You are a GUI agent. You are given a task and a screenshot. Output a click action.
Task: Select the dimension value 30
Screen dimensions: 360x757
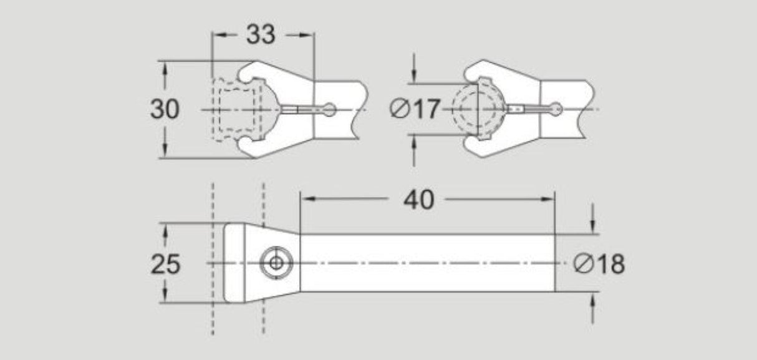click(165, 109)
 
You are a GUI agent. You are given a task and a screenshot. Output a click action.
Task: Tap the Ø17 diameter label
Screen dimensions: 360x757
click(415, 110)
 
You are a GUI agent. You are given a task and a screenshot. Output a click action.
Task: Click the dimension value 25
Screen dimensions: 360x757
click(165, 265)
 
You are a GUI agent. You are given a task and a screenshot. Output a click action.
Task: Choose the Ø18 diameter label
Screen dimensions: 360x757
click(599, 265)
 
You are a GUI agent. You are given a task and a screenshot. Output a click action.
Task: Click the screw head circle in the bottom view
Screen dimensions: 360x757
click(274, 264)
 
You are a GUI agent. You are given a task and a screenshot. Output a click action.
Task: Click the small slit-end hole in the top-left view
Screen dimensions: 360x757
click(330, 110)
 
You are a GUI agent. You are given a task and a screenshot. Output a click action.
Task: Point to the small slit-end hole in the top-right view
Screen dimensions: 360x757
click(556, 110)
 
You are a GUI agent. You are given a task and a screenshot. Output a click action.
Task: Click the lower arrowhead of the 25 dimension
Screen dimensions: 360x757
click(165, 297)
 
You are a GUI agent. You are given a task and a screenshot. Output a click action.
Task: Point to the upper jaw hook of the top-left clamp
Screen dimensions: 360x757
click(249, 72)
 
